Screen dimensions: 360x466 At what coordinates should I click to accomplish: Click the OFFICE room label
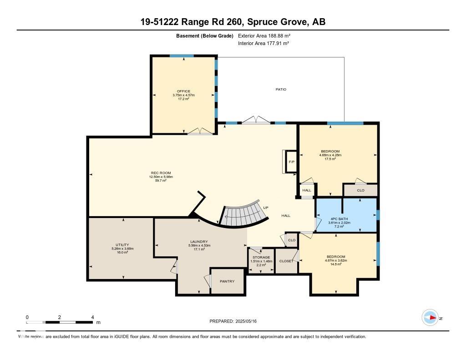click(x=184, y=91)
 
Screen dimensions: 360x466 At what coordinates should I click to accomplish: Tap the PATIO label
click(x=281, y=89)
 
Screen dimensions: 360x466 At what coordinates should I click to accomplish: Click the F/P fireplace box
click(x=290, y=162)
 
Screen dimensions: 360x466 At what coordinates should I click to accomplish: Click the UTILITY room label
click(x=122, y=245)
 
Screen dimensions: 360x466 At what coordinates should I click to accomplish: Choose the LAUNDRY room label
click(x=199, y=242)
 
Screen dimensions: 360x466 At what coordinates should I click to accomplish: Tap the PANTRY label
click(x=227, y=281)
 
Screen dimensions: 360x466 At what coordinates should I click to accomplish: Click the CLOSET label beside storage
click(x=286, y=261)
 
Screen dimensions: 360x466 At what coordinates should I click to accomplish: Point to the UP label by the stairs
click(x=266, y=208)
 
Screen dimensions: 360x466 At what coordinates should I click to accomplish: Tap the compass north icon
click(x=430, y=318)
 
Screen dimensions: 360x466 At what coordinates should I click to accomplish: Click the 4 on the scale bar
click(x=92, y=317)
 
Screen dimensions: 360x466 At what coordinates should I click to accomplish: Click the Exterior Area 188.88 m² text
click(x=264, y=35)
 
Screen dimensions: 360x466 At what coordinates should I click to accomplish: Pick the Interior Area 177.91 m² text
click(x=264, y=43)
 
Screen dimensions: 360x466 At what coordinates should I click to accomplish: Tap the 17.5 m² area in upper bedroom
click(x=330, y=159)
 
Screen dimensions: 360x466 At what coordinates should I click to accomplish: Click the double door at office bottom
click(x=200, y=132)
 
